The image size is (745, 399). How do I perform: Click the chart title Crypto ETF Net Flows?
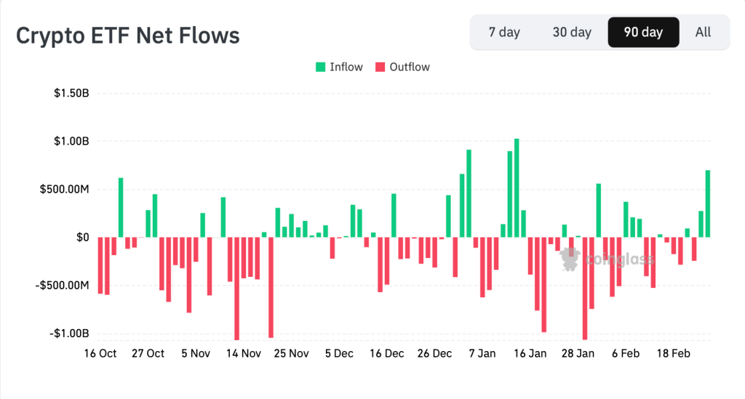click(128, 35)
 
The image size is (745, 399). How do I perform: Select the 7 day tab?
click(504, 32)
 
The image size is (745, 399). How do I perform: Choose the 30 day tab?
click(572, 32)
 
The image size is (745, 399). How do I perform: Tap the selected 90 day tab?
click(643, 32)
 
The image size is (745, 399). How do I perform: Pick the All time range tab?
click(703, 32)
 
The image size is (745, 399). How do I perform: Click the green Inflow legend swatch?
click(320, 67)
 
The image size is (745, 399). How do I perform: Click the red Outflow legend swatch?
click(380, 67)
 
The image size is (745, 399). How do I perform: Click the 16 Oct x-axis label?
click(100, 353)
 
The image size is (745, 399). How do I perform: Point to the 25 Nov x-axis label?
click(291, 353)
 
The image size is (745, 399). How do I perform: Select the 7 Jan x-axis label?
click(482, 353)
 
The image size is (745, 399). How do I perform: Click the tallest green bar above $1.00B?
click(517, 188)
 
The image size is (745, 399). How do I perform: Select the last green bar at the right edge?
click(708, 203)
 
